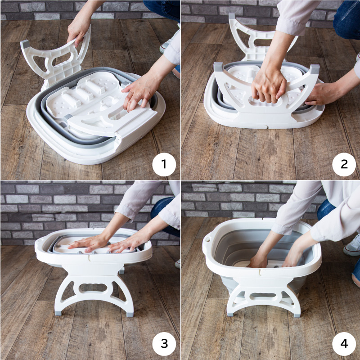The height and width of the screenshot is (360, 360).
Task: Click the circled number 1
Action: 164,164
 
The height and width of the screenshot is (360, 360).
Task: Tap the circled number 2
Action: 344,164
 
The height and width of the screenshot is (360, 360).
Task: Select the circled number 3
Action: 164,344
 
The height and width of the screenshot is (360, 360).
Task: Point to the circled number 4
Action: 344,344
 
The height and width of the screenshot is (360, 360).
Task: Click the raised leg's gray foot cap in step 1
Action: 25,44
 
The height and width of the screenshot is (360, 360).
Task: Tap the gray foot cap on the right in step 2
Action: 314,69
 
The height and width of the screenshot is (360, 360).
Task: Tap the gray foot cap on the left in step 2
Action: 218,67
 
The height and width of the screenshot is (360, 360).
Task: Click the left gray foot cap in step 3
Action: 58,313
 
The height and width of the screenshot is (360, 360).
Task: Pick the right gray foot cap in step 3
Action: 130,314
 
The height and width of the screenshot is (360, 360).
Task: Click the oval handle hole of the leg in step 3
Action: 94,288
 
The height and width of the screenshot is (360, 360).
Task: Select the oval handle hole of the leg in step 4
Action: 263,295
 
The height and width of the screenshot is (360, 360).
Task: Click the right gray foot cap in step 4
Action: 297,315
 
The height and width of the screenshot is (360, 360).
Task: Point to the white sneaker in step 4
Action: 352,246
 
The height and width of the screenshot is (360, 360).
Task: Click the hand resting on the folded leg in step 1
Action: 139,94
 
